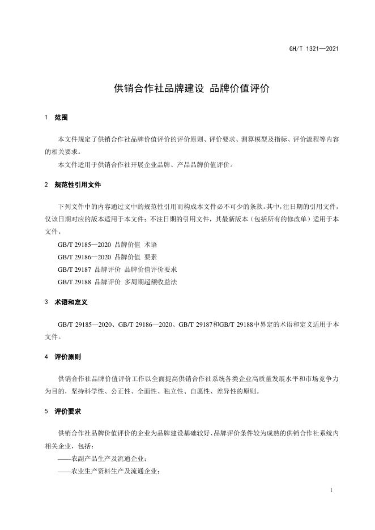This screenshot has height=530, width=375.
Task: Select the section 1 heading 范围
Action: coord(61,118)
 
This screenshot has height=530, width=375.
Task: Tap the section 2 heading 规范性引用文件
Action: coord(78,185)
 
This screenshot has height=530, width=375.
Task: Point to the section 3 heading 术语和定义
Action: coord(71,303)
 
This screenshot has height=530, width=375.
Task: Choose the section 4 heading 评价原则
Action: coord(67,357)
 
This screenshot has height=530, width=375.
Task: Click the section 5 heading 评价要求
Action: coord(67,412)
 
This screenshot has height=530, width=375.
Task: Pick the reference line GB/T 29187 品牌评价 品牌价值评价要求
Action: coord(121,270)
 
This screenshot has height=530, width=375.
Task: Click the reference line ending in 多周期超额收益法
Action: coord(117,281)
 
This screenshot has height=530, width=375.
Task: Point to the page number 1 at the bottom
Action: coord(330,490)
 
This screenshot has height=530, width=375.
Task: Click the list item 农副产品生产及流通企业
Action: coord(102,459)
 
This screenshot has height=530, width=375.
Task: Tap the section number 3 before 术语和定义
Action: coord(46,303)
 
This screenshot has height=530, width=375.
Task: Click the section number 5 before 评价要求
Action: coord(46,412)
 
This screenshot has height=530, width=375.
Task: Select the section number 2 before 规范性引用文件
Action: coord(46,185)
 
